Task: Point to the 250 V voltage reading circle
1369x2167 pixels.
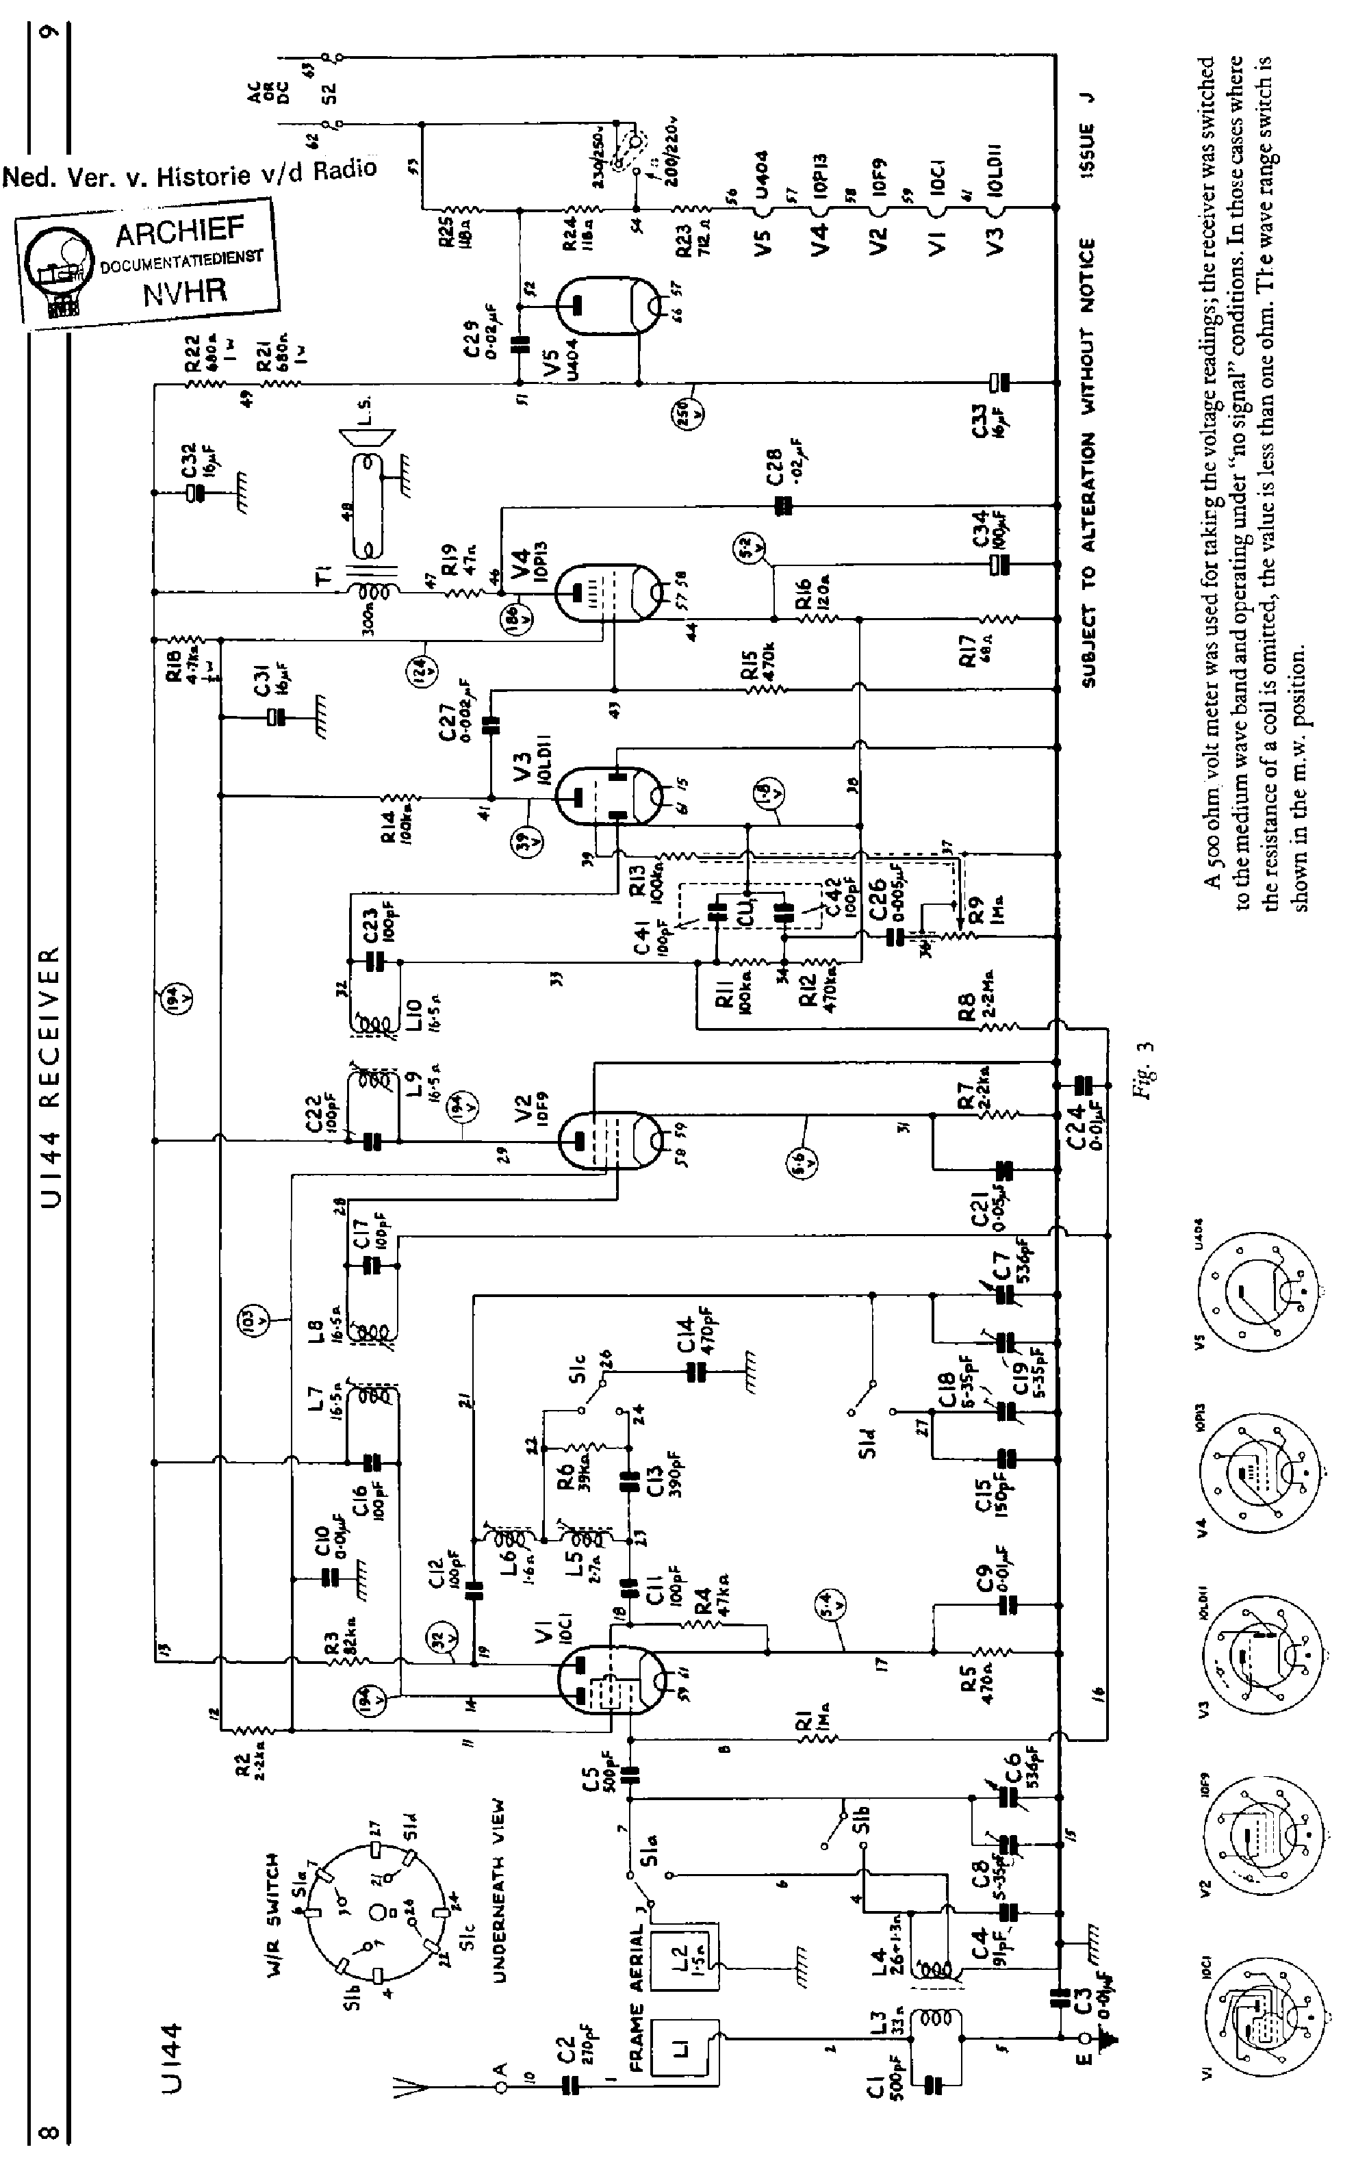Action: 691,415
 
